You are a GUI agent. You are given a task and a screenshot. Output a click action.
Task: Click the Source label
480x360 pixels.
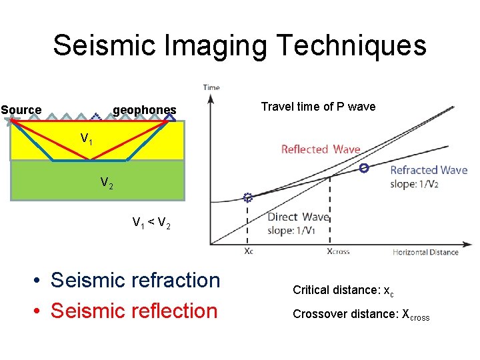(x=21, y=110)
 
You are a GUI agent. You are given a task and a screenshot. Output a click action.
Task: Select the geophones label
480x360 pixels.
(x=145, y=110)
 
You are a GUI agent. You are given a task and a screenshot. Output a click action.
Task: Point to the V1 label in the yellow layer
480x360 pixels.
(x=87, y=139)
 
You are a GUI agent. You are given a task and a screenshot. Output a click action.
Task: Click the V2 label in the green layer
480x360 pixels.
(x=107, y=183)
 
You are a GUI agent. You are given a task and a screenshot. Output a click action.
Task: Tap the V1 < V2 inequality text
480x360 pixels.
(x=151, y=223)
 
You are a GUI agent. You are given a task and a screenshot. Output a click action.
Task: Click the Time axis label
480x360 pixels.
(x=211, y=87)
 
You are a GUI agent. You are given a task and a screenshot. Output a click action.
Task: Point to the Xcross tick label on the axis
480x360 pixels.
(x=338, y=252)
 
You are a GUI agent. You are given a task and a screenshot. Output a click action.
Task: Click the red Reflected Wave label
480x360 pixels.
(x=321, y=150)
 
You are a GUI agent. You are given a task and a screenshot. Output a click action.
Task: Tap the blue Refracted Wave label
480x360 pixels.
(x=429, y=171)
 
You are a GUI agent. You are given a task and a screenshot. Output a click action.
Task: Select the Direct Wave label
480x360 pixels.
(x=298, y=217)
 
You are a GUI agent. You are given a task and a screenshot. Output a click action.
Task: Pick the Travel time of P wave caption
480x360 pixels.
(x=318, y=107)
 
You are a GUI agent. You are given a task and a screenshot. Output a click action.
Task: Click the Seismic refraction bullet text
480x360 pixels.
(x=135, y=281)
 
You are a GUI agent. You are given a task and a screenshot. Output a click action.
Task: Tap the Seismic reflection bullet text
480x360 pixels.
(x=134, y=311)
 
